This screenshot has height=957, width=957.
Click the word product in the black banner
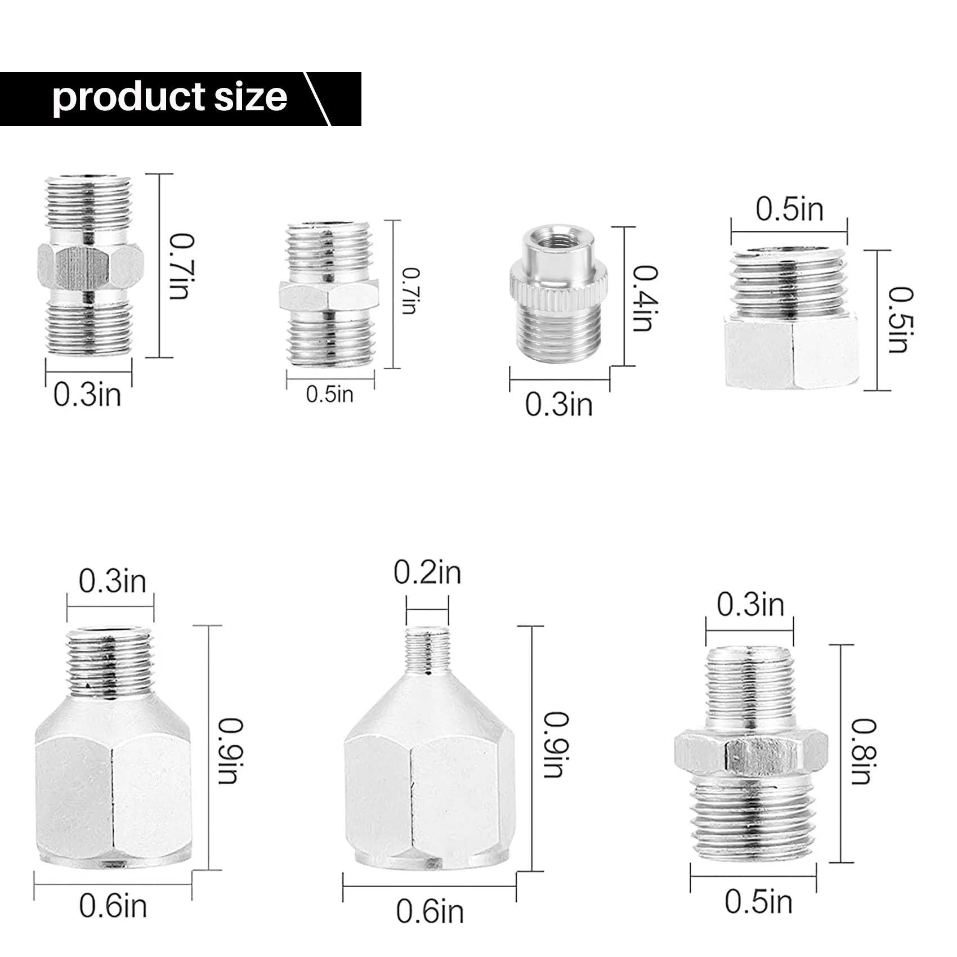tap(120, 98)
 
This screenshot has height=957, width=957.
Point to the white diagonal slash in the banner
tap(317, 99)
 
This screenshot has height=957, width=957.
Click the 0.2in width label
tap(427, 573)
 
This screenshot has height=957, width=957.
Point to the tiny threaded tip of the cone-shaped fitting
tap(427, 650)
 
